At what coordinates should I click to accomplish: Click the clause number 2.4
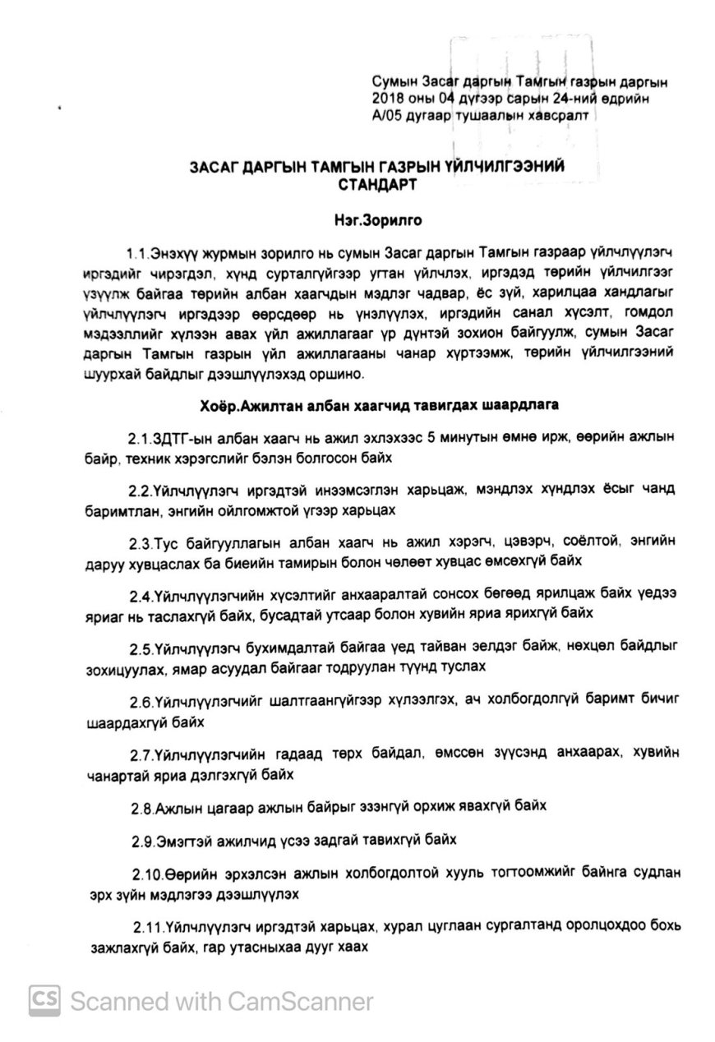pyautogui.click(x=140, y=593)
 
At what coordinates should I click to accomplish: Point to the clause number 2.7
pyautogui.click(x=141, y=754)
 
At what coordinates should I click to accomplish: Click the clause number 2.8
pyautogui.click(x=141, y=809)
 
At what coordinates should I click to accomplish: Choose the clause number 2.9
pyautogui.click(x=142, y=841)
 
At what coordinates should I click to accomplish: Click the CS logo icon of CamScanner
pyautogui.click(x=46, y=1000)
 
